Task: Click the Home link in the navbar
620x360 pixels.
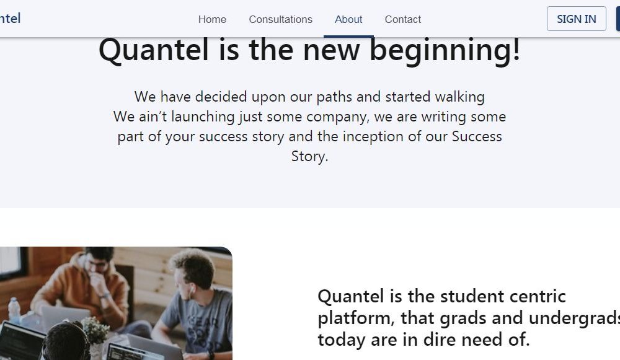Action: (x=212, y=19)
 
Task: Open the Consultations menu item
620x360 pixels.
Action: (x=280, y=19)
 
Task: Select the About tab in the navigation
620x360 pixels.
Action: (x=348, y=19)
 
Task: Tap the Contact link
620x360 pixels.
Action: (x=402, y=19)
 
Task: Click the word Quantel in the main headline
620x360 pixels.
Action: (x=153, y=50)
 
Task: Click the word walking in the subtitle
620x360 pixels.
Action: (x=459, y=97)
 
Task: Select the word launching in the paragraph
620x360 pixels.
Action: (x=203, y=117)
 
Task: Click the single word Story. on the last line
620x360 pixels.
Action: (x=309, y=156)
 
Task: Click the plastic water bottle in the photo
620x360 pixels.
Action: (x=14, y=310)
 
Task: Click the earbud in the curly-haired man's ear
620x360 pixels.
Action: (x=192, y=289)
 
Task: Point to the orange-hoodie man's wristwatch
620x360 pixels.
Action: (x=106, y=296)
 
